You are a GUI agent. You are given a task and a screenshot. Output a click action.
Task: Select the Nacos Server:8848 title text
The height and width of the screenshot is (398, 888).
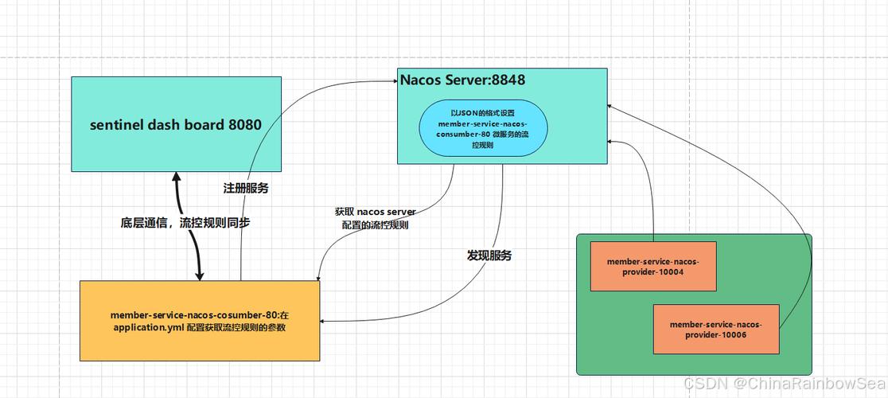462,80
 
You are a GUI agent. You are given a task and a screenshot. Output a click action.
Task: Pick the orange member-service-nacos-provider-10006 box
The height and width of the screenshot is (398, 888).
716,330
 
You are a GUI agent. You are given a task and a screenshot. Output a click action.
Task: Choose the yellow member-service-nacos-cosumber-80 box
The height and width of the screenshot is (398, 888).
198,321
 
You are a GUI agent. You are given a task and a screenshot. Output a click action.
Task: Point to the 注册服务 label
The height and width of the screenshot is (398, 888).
246,189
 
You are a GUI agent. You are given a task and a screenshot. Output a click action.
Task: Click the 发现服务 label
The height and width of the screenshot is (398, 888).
489,256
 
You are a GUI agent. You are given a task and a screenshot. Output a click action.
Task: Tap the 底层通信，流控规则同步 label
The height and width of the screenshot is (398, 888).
185,223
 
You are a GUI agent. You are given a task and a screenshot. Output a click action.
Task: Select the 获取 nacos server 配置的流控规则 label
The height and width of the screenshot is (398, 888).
375,219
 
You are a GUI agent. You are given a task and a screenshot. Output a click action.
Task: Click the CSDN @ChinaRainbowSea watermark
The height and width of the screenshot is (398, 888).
784,384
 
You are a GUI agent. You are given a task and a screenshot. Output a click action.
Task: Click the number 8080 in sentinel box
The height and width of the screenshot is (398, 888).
245,124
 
